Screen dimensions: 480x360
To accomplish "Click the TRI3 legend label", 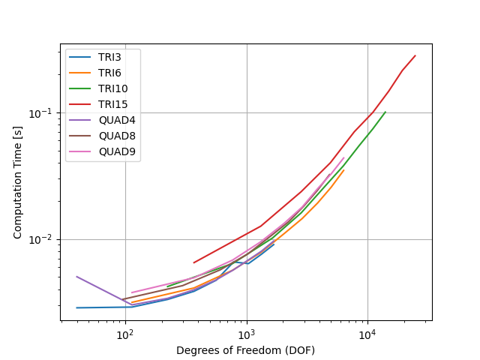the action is (109, 57).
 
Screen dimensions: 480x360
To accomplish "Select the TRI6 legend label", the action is (109, 73).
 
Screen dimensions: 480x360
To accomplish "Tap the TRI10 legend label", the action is (112, 88).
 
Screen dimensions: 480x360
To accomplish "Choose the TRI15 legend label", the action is (112, 104).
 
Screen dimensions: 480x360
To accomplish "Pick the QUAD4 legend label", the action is (117, 120).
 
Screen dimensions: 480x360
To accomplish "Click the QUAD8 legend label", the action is (117, 136).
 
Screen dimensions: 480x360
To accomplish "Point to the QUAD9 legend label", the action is (117, 151).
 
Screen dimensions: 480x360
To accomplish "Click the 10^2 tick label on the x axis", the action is (125, 335).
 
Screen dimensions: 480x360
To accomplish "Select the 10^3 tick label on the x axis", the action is (247, 335).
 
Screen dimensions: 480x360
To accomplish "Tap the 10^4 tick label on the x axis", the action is (367, 335).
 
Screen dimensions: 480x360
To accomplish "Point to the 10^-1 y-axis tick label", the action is (42, 113).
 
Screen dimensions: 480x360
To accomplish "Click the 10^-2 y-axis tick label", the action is (42, 240).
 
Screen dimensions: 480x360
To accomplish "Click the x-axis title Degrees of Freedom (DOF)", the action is (245, 350).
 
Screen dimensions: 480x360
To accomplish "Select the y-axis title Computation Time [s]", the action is (17, 183).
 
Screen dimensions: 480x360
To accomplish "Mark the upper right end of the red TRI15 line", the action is (415, 55).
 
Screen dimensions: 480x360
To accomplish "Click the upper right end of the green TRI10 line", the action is (385, 112).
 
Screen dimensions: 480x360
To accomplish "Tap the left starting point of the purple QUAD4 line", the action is (76, 277).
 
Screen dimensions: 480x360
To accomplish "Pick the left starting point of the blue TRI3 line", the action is (76, 307).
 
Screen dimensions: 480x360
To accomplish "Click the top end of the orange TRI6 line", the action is (344, 170).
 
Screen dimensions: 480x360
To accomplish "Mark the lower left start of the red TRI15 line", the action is (193, 262).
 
